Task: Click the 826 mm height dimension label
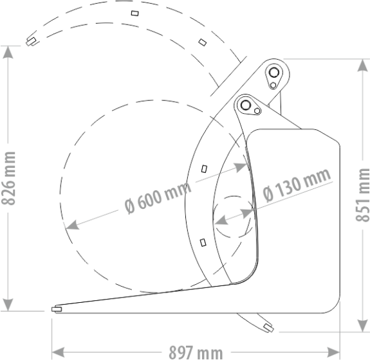click(x=8, y=179)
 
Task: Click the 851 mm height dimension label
click(x=362, y=195)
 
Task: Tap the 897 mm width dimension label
click(x=196, y=353)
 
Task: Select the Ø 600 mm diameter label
click(x=158, y=197)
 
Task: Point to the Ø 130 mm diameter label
click(x=297, y=185)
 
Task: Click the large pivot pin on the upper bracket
click(x=273, y=72)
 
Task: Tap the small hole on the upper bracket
click(x=273, y=85)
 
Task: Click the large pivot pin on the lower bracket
click(x=245, y=104)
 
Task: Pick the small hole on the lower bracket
click(x=257, y=111)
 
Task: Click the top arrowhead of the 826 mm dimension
click(x=8, y=52)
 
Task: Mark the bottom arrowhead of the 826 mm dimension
click(x=8, y=305)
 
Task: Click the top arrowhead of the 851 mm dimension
click(x=362, y=65)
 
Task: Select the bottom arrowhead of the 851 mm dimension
click(x=362, y=326)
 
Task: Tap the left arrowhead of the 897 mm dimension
click(x=58, y=352)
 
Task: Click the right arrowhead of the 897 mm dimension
click(x=334, y=352)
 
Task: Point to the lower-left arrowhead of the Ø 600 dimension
click(x=72, y=225)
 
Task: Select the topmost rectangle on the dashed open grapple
click(x=134, y=14)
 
